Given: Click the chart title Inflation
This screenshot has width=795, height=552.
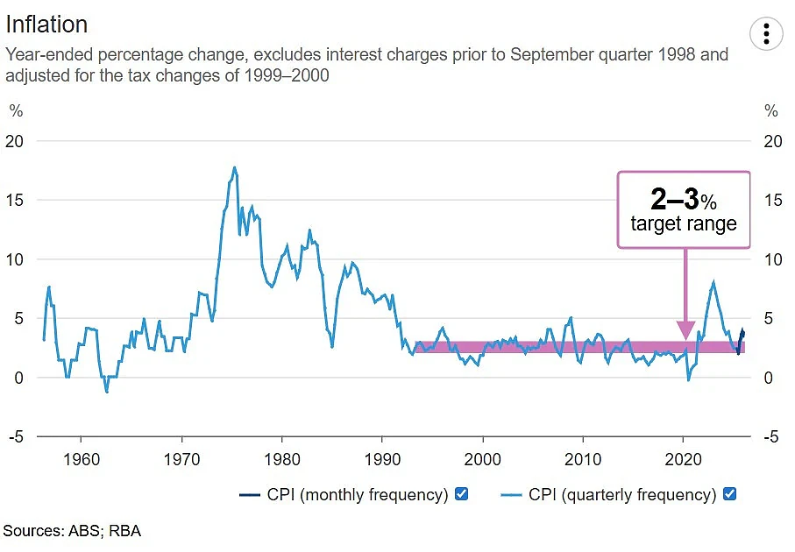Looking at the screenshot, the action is (46, 25).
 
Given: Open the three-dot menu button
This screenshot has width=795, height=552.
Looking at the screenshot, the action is (766, 34).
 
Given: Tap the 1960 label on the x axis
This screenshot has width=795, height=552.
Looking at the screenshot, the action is (82, 459).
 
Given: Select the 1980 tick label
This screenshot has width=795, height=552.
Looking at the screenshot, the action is (282, 459).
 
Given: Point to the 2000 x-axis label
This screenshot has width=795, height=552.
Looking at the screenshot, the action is (483, 459).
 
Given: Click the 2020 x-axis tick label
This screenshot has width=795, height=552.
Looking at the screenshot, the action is (683, 459).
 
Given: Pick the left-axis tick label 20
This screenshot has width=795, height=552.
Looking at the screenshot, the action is (14, 141).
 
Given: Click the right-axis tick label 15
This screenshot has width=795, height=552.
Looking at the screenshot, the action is (773, 201).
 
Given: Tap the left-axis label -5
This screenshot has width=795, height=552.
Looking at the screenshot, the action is (16, 436).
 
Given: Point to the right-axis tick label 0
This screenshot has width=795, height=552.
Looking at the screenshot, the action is (769, 378).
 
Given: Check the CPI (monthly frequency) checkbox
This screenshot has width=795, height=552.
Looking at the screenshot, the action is (461, 493).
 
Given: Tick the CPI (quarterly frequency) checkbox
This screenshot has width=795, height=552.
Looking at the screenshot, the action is (729, 493).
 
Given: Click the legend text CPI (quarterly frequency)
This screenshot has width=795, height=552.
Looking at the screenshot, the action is (622, 494).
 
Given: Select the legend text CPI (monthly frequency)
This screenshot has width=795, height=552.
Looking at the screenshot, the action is (358, 494).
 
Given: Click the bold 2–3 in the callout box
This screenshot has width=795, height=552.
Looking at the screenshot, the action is (675, 199).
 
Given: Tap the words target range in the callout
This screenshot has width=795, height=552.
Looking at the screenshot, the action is (684, 223).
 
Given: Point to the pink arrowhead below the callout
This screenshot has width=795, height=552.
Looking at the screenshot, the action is (685, 330).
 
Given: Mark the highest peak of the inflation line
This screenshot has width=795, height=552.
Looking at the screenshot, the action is (234, 167).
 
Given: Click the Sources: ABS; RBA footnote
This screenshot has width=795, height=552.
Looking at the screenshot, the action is (72, 531).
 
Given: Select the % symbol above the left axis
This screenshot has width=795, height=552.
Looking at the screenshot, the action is (17, 110).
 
